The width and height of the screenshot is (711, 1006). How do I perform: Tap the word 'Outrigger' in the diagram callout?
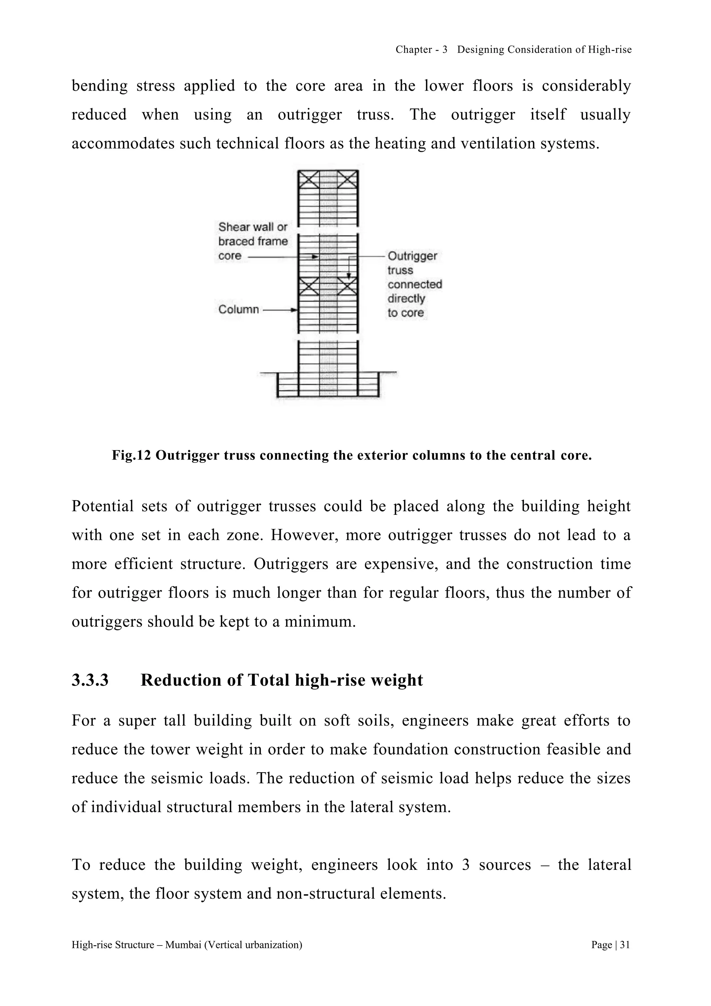coord(412,256)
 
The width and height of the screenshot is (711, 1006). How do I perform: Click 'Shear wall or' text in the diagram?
coord(253,227)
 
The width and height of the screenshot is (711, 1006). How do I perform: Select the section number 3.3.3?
coord(90,680)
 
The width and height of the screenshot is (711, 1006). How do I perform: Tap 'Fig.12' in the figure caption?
coord(131,456)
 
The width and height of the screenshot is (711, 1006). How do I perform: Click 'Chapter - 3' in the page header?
coord(421,50)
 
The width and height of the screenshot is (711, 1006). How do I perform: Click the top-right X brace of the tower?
coord(348,180)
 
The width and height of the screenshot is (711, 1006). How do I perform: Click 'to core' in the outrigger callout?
coord(405,313)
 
